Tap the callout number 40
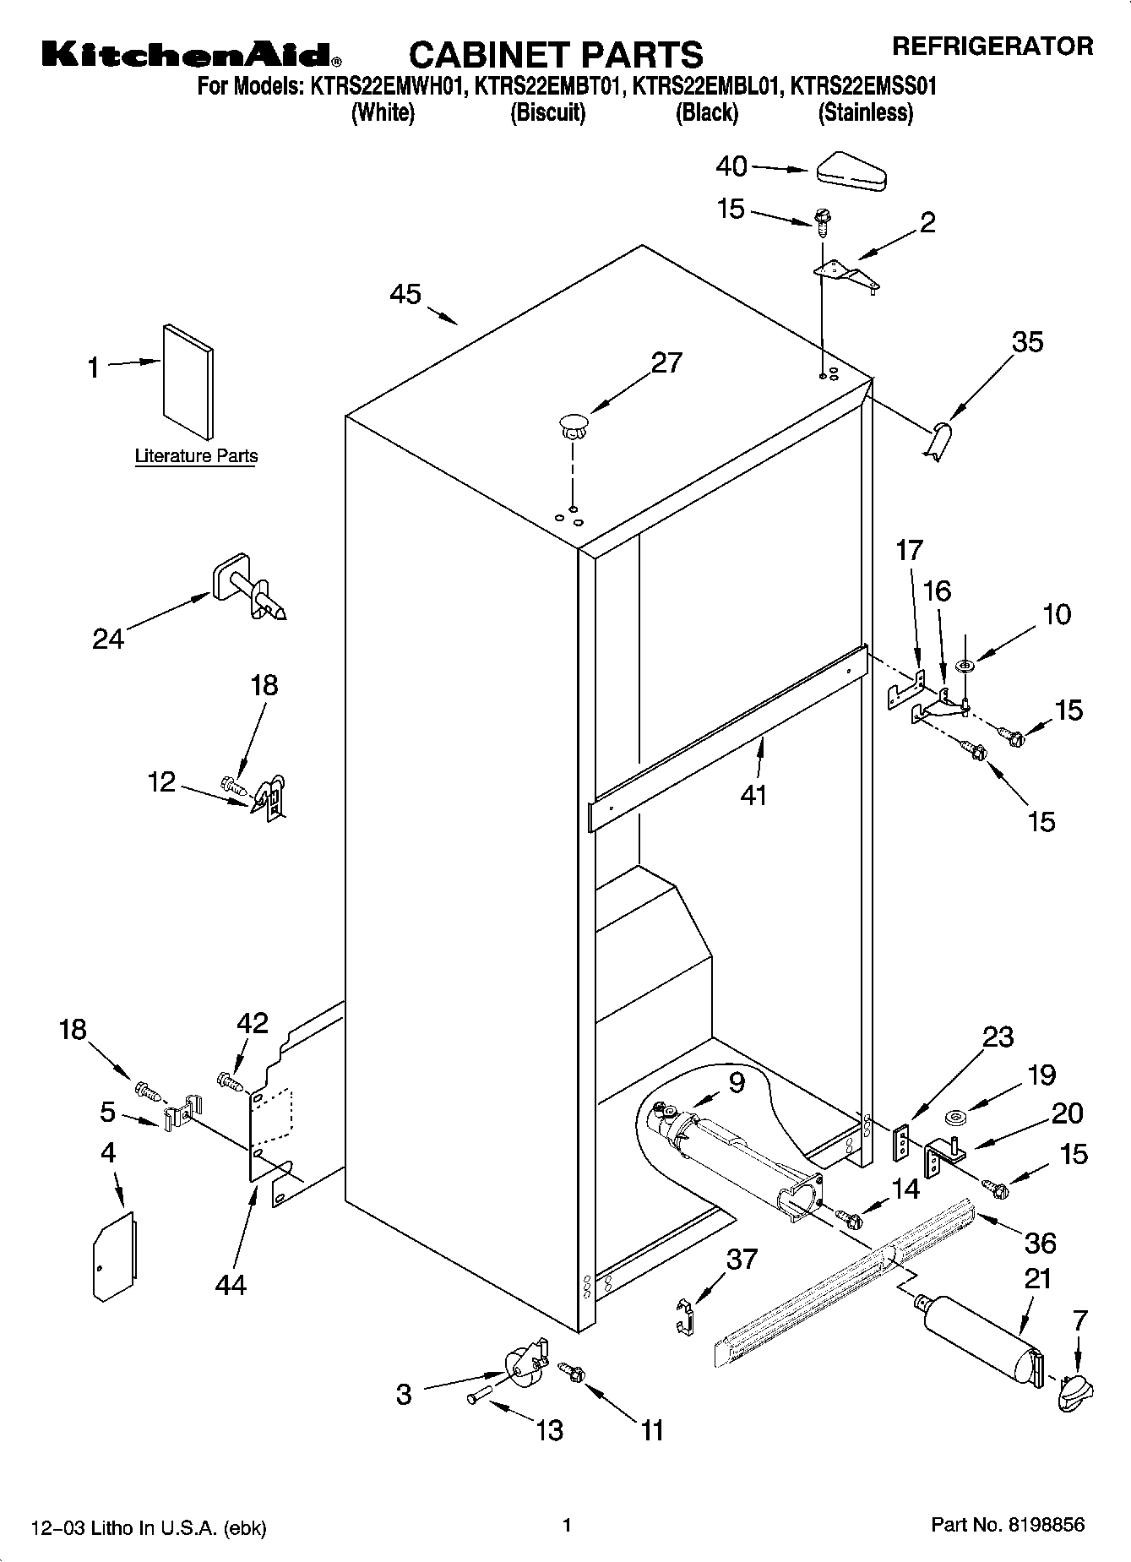731,166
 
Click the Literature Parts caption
196,456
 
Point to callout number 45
405,294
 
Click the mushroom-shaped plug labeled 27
573,424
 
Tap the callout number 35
1027,342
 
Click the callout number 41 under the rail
753,795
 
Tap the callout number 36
1040,1243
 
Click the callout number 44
230,1284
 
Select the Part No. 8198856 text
1007,1525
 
